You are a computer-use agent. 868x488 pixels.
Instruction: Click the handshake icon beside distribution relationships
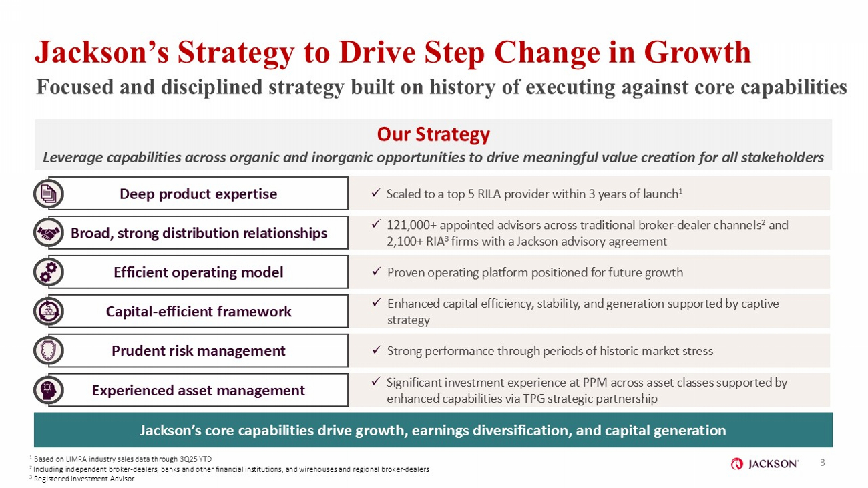49,233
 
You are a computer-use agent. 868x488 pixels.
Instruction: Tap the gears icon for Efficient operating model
49,272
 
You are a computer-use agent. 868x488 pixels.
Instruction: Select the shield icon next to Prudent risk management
49,350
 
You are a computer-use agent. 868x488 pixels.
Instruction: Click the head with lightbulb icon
49,390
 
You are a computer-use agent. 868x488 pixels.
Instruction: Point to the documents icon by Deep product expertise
49,194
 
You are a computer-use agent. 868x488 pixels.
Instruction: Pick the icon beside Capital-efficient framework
49,311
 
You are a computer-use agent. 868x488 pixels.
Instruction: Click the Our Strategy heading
433,134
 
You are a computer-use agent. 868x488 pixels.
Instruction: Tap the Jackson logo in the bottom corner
765,463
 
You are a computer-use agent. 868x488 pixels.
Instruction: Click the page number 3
823,463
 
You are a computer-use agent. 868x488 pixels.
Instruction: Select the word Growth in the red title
698,53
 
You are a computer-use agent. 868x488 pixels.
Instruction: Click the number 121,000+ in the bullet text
411,225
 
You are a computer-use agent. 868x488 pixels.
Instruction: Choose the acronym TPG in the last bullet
534,399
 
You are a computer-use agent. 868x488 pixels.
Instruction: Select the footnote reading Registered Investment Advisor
84,479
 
